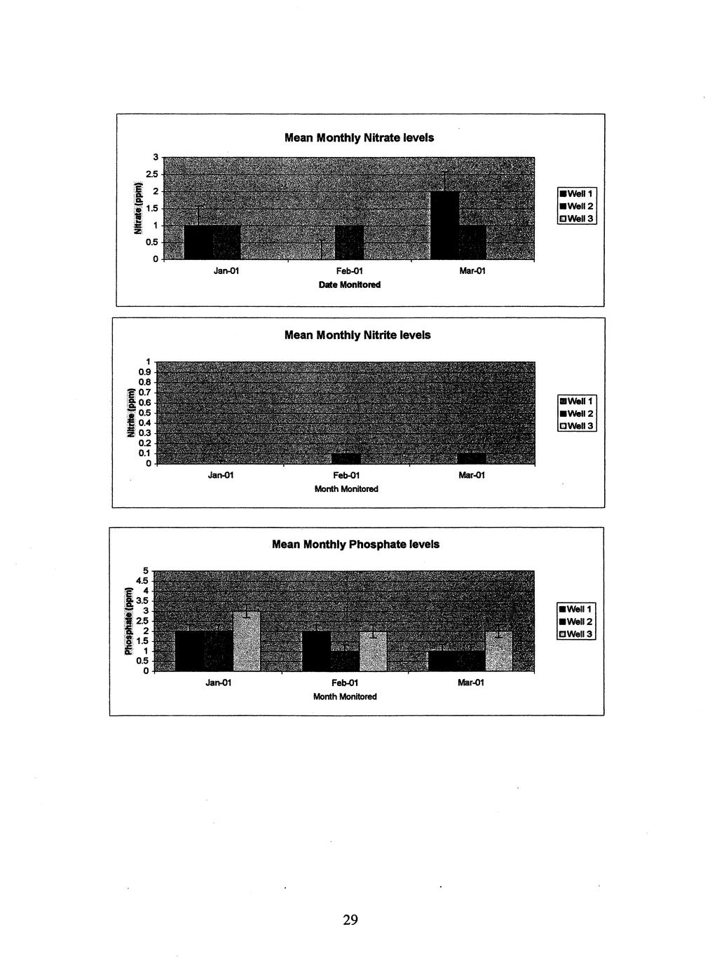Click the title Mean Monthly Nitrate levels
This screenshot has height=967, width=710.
point(359,138)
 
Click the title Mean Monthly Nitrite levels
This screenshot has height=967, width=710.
point(357,335)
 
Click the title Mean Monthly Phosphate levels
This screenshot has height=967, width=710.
point(355,544)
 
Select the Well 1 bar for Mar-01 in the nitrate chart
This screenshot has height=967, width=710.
point(444,225)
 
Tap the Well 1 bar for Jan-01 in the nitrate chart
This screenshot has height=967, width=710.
point(198,242)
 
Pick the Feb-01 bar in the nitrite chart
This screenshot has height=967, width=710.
point(346,458)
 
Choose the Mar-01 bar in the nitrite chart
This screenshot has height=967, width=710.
point(471,458)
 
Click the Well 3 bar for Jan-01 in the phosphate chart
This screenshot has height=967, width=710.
point(247,641)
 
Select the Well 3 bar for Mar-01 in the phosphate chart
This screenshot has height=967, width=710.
point(498,651)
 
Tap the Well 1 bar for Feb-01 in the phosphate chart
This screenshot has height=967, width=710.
point(316,651)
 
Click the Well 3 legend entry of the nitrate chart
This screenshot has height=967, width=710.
point(576,219)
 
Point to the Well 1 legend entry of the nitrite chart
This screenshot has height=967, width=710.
point(576,402)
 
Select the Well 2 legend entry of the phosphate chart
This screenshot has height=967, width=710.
point(576,622)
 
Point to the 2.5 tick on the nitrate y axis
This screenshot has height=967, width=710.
point(153,174)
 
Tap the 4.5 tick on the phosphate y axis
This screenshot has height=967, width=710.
point(142,580)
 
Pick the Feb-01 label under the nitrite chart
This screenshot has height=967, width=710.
point(346,476)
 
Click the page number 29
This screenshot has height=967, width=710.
point(350,920)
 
